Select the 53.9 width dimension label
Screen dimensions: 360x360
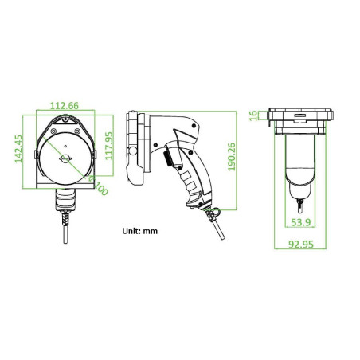(x=302, y=221)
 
